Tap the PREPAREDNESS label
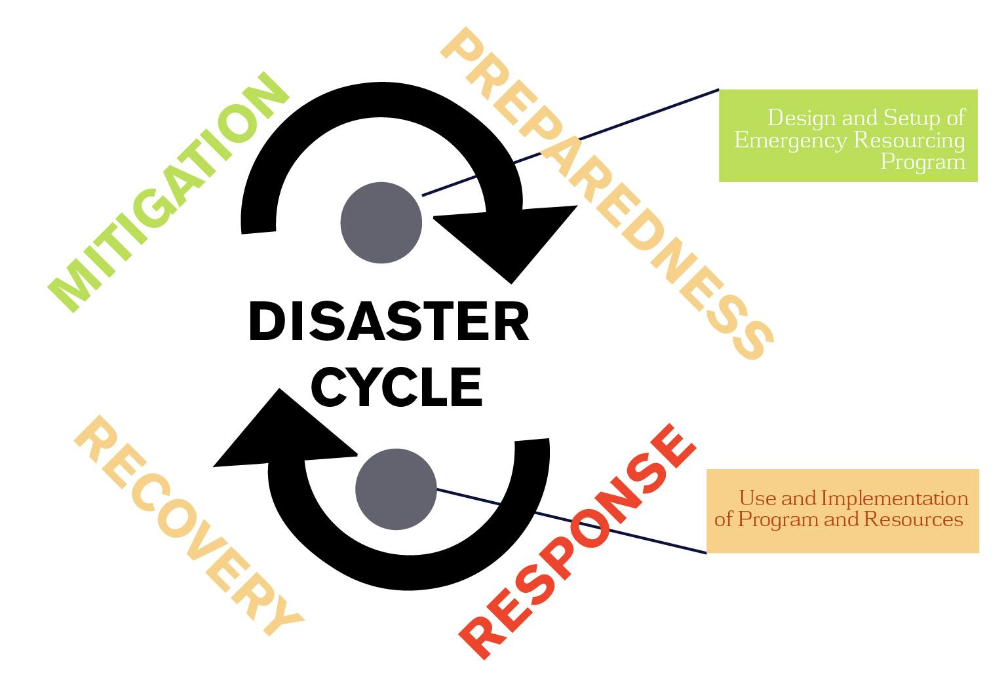click(606, 194)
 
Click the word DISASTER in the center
click(389, 322)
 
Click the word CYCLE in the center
click(397, 386)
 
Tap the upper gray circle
click(381, 223)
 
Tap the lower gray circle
click(396, 489)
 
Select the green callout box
click(848, 136)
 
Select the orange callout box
click(842, 510)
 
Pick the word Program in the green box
click(923, 161)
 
